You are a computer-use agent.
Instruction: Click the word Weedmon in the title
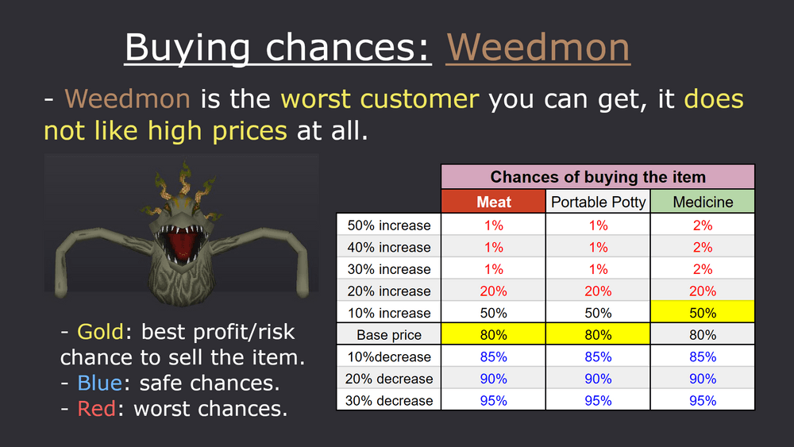coord(538,47)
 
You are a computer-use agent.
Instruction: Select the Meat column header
coord(493,202)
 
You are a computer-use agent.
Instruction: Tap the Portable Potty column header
coord(598,202)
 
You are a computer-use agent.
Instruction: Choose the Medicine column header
coord(703,202)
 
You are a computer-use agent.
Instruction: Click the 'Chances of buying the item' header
coord(598,177)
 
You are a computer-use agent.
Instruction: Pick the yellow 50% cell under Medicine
coord(703,312)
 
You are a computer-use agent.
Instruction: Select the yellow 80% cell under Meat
coord(493,334)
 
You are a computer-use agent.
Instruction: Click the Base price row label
coord(389,334)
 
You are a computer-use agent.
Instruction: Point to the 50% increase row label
coord(389,225)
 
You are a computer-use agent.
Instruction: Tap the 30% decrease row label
coord(389,400)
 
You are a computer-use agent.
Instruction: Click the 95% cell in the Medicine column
coord(703,400)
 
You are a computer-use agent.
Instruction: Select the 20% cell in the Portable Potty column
coord(598,291)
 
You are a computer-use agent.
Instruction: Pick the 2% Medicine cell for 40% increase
coord(703,247)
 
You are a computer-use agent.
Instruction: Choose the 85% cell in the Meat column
coord(493,356)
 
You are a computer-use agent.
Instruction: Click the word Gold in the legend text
coord(100,332)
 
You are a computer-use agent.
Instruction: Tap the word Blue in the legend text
coord(99,383)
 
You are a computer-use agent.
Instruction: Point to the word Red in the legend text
coord(96,408)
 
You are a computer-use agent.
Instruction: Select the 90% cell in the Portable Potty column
coord(598,378)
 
